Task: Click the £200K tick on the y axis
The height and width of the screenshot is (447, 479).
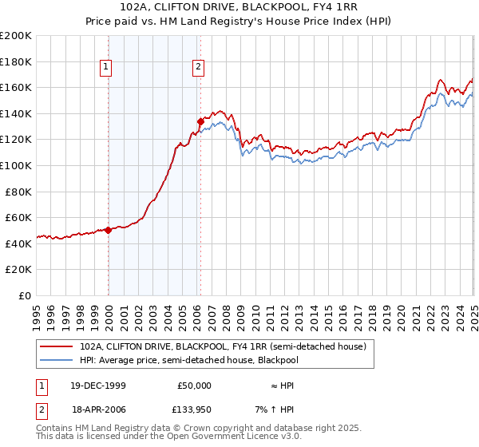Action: pos(16,35)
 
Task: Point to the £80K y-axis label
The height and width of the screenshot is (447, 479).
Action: pos(18,192)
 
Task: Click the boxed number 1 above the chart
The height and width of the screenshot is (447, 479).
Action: pos(105,67)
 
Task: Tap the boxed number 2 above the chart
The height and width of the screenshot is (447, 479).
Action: pos(197,67)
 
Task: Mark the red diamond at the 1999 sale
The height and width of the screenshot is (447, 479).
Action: pos(109,230)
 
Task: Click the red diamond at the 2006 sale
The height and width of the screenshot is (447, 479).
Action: pos(200,121)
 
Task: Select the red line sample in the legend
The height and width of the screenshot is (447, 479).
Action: pos(57,346)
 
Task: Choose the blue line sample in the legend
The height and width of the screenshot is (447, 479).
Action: pos(57,360)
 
